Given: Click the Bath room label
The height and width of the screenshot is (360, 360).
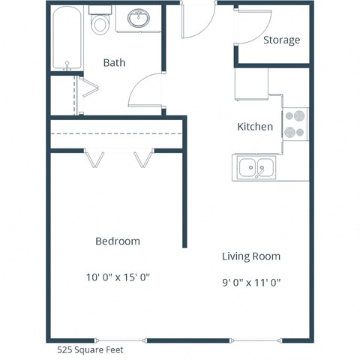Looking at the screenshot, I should point(114,63).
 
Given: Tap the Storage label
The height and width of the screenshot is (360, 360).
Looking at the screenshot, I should point(281,40).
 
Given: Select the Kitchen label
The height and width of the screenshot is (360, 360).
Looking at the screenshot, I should point(255,127).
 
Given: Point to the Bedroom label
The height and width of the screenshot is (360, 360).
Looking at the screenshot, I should point(118,241).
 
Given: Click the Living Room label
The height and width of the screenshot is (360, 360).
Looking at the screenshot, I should point(251,256).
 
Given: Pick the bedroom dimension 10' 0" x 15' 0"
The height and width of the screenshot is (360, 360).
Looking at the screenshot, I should point(118,277).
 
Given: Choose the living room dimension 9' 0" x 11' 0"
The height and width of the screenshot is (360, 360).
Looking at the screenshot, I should point(251,283).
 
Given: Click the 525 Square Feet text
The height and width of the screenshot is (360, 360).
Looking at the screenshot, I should point(90,349).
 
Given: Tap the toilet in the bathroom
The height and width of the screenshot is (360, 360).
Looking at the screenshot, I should point(99,22).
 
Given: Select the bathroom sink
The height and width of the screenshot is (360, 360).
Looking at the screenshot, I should point(139,18).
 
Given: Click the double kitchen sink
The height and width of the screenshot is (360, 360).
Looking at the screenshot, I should point(255,168).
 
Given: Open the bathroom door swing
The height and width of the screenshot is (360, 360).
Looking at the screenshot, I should point(146,91).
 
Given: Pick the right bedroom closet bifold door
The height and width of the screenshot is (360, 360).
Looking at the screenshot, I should point(142,160).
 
